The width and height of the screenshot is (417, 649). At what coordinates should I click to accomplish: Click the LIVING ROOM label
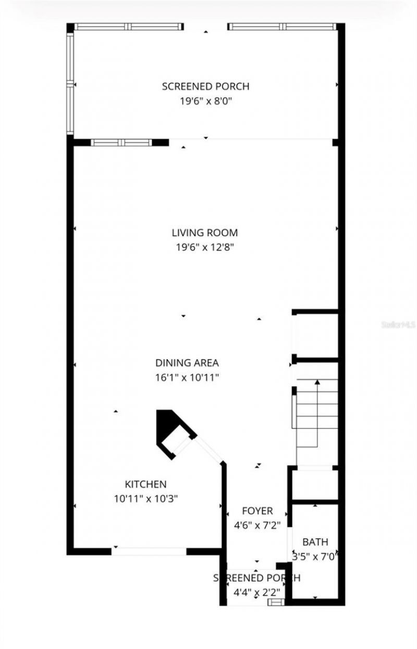(x=205, y=233)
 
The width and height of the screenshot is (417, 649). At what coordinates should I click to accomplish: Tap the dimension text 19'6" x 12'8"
(x=205, y=248)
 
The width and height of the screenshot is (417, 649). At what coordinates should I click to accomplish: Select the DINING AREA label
(x=187, y=363)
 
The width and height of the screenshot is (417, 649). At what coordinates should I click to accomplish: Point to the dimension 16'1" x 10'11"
(x=187, y=377)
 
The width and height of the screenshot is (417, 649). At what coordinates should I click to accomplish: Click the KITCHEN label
(x=145, y=484)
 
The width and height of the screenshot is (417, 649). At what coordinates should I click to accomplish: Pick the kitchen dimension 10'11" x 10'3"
(x=146, y=499)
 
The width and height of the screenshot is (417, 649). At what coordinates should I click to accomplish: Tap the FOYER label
(x=257, y=511)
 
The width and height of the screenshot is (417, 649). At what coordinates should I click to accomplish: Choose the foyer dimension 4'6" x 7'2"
(x=257, y=526)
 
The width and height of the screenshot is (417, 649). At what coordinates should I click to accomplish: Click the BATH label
(x=315, y=542)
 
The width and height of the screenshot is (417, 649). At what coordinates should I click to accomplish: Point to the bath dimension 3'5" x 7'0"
(x=315, y=556)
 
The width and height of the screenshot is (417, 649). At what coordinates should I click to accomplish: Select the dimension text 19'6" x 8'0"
(x=205, y=101)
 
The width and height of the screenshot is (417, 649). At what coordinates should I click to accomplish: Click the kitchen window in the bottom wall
(x=150, y=551)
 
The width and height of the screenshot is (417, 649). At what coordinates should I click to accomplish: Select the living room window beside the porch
(x=121, y=142)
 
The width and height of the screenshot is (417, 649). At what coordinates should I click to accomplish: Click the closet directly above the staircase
(x=316, y=336)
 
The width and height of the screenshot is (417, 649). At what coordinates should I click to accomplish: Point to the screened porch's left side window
(x=69, y=83)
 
